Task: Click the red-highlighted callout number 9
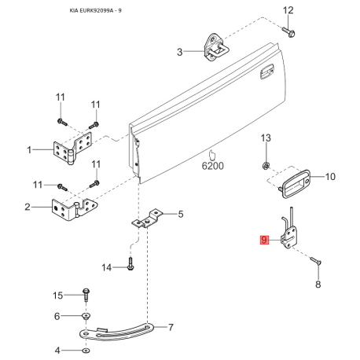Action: pos(264,240)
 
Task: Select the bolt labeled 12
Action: pos(289,31)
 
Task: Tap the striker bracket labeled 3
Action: pos(216,47)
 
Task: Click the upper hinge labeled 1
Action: pos(72,149)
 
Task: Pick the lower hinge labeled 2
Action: pos(74,210)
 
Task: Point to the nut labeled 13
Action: pos(266,166)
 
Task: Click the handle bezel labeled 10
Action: pos(294,184)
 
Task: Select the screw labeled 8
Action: pos(316,261)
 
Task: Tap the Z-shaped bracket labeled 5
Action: pos(147,219)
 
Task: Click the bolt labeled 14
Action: pos(130,264)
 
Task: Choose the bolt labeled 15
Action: pos(86,295)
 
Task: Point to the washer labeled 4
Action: pos(86,350)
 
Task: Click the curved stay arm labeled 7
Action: pos(116,332)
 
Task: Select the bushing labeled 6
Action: pos(86,316)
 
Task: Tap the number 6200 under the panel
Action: pos(212,166)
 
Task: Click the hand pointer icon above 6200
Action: pos(211,155)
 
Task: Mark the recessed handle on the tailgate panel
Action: pos(267,72)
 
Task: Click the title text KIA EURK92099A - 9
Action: pos(96,11)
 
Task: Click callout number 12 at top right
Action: pos(288,10)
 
